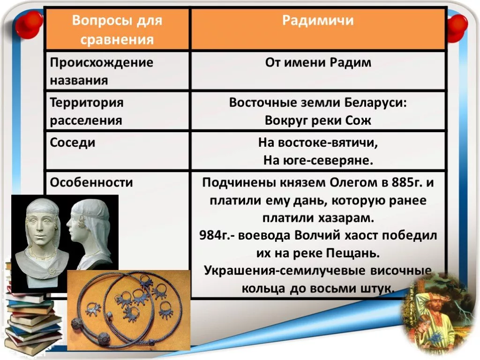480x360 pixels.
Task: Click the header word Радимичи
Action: tap(318, 20)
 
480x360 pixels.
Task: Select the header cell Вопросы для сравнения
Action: tap(117, 29)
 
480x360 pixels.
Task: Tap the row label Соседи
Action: tap(73, 142)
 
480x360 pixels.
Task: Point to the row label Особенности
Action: tap(91, 182)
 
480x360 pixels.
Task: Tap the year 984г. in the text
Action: tap(215, 235)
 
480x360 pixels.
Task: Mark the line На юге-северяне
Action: tap(318, 160)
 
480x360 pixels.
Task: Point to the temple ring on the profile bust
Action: tap(82, 221)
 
